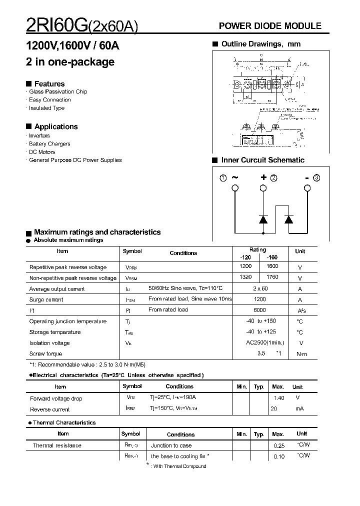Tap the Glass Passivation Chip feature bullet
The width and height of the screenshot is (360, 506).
tap(58, 92)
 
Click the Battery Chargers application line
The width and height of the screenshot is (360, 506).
tap(49, 144)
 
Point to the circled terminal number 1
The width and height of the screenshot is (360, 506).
tap(223, 177)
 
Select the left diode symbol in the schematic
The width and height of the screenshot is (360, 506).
tap(263, 219)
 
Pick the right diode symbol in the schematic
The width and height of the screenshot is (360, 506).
tap(288, 219)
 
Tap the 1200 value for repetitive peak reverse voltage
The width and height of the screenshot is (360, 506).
tap(245, 266)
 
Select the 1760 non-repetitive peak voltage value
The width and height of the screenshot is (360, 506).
tap(272, 277)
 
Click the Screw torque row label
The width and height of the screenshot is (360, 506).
tap(45, 354)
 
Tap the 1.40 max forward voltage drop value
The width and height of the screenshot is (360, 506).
tap(278, 398)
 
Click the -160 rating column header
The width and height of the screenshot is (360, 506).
tap(272, 256)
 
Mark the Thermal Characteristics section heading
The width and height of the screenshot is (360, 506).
tap(64, 422)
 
